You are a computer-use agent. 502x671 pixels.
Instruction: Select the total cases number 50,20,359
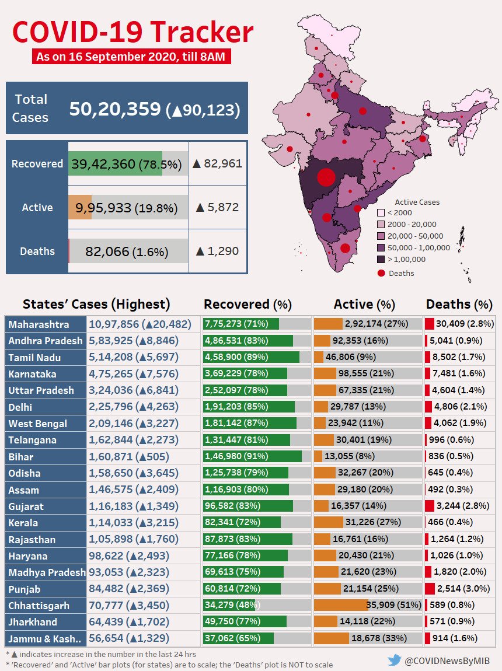tap(115, 109)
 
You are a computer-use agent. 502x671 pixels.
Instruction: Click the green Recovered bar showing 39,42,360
tap(115, 164)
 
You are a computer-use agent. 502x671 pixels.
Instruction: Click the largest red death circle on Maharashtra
tap(326, 177)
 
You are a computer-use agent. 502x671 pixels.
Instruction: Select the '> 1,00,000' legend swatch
tap(380, 259)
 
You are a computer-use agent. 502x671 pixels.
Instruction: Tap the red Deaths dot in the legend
tap(381, 273)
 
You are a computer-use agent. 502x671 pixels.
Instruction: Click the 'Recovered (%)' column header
tap(247, 304)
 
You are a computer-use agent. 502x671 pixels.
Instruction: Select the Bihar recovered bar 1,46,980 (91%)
tap(252, 456)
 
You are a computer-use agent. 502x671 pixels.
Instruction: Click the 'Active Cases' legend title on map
tap(417, 202)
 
